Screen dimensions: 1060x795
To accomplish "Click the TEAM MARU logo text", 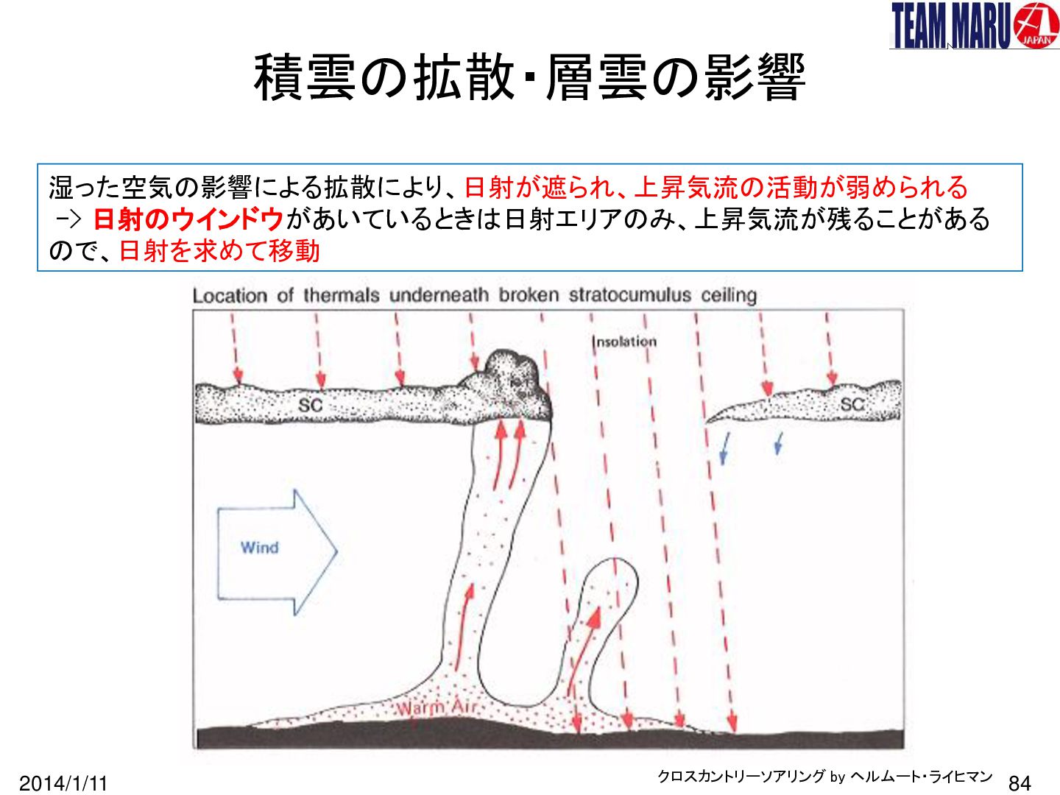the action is [x=950, y=25].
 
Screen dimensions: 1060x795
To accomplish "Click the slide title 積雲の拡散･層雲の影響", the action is [x=529, y=77].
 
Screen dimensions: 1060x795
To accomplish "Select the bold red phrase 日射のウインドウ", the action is [x=188, y=220].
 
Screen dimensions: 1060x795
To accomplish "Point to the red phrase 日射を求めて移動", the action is [x=219, y=252].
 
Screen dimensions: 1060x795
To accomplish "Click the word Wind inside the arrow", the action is [x=260, y=548].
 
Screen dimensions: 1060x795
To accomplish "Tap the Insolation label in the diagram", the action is [x=624, y=342].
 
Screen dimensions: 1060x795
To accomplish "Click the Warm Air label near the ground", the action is [x=437, y=709].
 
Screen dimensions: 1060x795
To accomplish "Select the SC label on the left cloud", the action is [x=310, y=405].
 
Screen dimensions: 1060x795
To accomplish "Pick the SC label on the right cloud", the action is [x=852, y=404].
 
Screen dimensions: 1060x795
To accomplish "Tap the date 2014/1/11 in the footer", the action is [x=63, y=783].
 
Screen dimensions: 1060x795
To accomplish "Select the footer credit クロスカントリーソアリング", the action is [x=741, y=776].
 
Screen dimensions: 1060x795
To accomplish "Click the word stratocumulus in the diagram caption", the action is [x=629, y=295].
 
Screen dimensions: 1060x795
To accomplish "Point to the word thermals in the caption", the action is [x=341, y=295].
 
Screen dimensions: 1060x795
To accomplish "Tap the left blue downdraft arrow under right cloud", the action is [x=724, y=448].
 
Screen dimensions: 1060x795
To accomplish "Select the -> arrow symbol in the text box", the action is [x=68, y=220].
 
